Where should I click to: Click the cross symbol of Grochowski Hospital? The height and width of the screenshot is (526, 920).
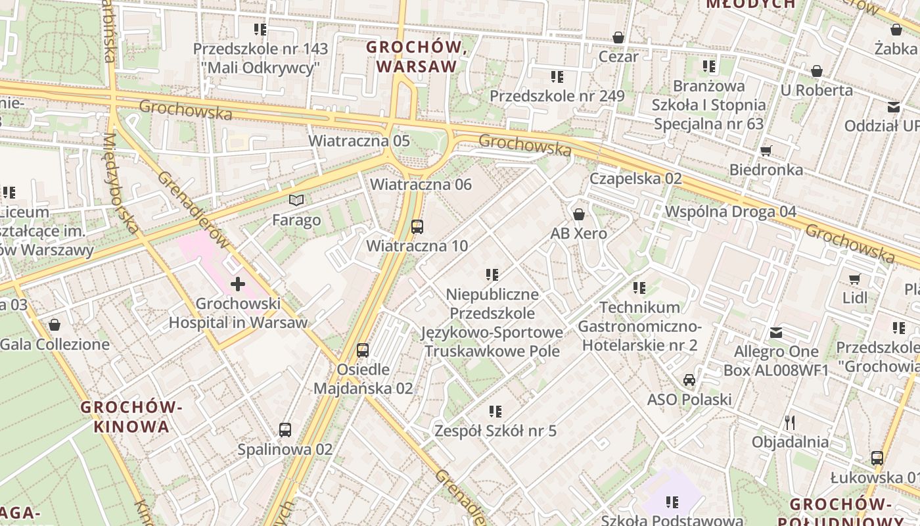[238, 285]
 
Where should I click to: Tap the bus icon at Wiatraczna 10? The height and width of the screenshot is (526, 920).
[417, 227]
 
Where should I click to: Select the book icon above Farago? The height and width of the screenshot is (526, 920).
[297, 200]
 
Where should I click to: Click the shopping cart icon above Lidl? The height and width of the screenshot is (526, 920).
[854, 279]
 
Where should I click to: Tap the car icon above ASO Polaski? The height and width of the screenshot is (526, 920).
[689, 379]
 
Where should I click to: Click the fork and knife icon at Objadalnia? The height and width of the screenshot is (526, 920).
[790, 421]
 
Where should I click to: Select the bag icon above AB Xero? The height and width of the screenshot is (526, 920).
[579, 214]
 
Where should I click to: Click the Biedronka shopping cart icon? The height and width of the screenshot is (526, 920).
[766, 151]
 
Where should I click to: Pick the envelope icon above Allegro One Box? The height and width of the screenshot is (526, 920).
[776, 332]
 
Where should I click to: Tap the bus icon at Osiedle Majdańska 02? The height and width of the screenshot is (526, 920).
[363, 350]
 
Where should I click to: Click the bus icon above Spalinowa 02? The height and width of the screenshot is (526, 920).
[285, 430]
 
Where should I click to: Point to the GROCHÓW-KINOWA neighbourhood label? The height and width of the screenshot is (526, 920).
[131, 416]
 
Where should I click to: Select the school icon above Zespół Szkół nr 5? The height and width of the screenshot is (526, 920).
[495, 412]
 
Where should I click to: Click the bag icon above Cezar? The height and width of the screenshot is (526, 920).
[618, 37]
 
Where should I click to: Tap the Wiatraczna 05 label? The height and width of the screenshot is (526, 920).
[359, 141]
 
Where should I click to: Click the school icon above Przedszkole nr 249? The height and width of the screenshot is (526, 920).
[557, 77]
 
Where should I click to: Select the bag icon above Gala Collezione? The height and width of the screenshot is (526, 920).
[55, 325]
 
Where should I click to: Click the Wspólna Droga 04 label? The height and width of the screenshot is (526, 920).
[731, 212]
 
